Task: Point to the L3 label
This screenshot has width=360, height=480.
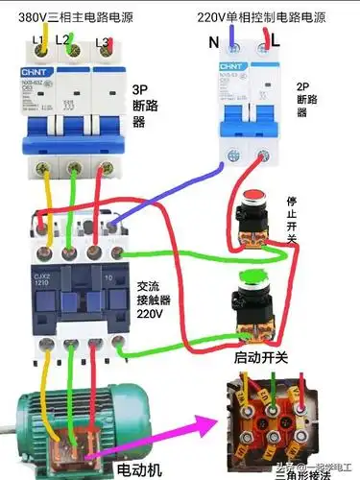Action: point(101,43)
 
